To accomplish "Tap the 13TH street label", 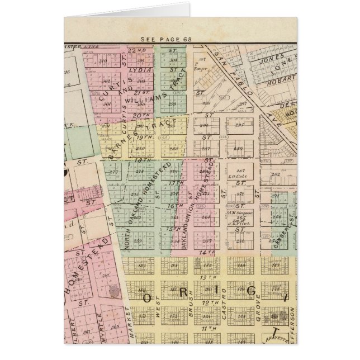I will (x=209, y=277).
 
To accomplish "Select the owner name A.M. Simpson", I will (x=239, y=213).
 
